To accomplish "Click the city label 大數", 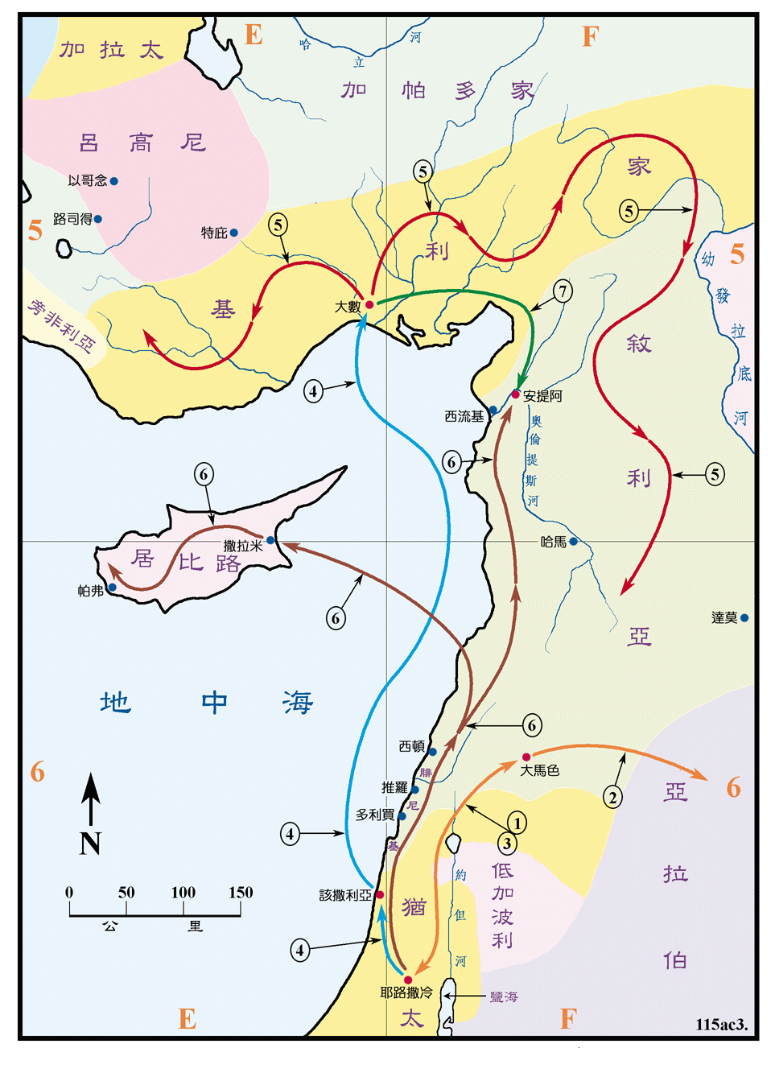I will click(x=348, y=307).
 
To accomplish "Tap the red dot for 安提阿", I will click(x=515, y=394).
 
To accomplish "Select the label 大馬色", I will click(x=539, y=770).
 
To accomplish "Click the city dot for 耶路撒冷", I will click(x=408, y=980).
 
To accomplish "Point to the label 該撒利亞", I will click(x=345, y=895).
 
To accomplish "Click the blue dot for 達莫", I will click(x=744, y=618).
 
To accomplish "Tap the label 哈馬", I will click(x=553, y=543).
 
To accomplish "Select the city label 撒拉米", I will click(x=243, y=546).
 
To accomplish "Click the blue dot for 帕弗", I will click(x=113, y=588).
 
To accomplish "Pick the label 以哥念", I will click(x=87, y=180).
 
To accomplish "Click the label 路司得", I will click(x=72, y=219).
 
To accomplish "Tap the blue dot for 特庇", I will click(x=233, y=233).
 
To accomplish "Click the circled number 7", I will click(x=563, y=291).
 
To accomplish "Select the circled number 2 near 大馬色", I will click(x=612, y=798).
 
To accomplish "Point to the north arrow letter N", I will click(x=90, y=843).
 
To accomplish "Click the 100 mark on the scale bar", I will click(x=183, y=892).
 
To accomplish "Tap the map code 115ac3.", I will click(x=721, y=1024).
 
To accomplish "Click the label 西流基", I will click(x=464, y=416).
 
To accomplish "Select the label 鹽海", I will click(x=504, y=997).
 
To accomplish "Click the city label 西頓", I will click(x=411, y=747).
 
